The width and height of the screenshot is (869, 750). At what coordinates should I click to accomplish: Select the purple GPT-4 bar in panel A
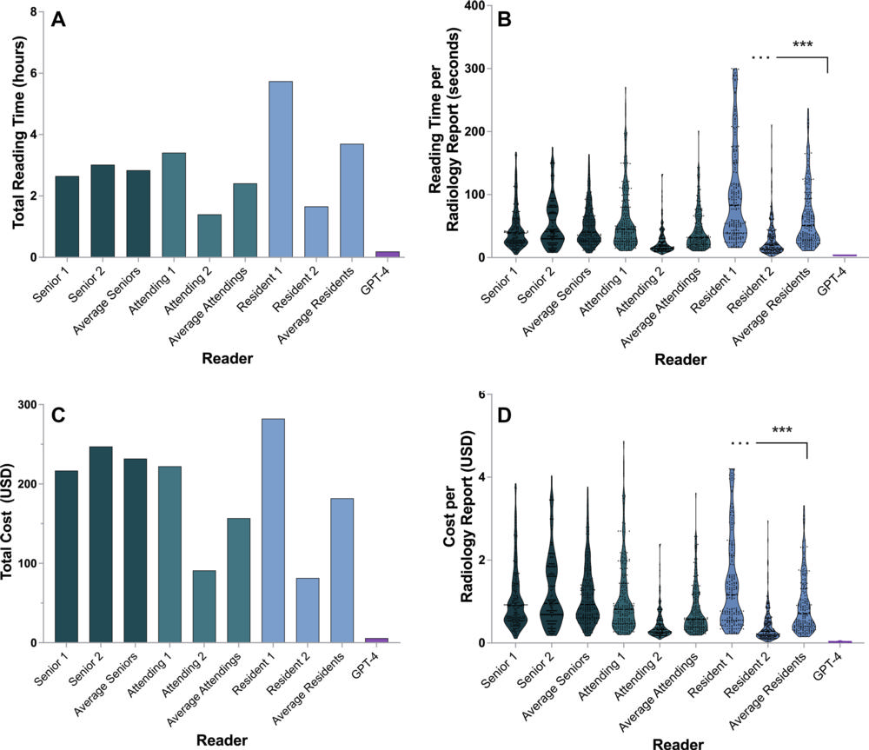pos(388,254)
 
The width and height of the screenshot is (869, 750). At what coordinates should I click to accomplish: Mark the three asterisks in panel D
pos(781,430)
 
